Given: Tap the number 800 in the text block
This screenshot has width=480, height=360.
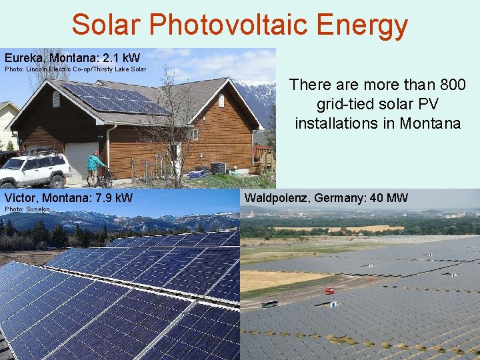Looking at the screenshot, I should (451, 85).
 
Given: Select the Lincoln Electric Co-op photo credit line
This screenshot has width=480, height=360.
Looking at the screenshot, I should (75, 69).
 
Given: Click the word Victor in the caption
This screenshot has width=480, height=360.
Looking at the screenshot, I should (21, 198).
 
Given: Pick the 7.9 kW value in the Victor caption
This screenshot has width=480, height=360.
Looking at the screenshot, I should (114, 198).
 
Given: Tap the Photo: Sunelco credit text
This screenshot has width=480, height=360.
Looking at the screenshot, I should (27, 210).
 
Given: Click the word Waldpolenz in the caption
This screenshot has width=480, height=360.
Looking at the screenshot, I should (277, 198).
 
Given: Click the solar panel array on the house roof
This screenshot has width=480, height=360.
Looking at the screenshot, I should (117, 98).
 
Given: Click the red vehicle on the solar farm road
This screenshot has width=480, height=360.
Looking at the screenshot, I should (329, 291).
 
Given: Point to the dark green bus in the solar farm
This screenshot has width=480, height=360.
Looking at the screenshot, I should (269, 304).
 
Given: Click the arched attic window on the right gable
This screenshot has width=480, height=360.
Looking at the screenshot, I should (221, 101).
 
